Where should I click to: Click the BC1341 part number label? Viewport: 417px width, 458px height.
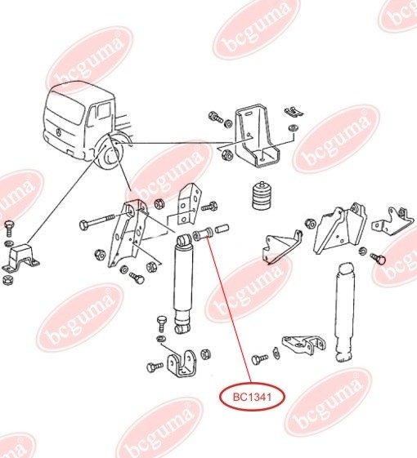click(253, 398)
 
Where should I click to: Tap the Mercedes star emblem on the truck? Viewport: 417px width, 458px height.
click(59, 132)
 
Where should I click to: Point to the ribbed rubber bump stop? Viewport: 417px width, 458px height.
click(262, 196)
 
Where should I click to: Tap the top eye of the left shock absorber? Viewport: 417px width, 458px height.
click(184, 241)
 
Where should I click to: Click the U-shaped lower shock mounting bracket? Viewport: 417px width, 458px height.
click(181, 364)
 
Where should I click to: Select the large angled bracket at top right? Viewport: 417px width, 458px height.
click(256, 136)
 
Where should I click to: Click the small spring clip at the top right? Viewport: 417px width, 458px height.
click(294, 112)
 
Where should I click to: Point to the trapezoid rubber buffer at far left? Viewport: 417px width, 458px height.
click(21, 259)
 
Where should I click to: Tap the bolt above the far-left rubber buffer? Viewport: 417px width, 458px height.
click(9, 228)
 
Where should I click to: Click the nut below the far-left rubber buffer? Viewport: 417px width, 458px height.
click(8, 280)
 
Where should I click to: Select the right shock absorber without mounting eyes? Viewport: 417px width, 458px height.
click(346, 312)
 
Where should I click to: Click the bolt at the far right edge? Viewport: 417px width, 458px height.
click(379, 258)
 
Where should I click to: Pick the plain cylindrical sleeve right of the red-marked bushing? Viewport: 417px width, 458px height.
click(222, 229)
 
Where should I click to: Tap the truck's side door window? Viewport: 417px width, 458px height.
click(103, 112)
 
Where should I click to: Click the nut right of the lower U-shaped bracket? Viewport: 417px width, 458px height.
click(206, 354)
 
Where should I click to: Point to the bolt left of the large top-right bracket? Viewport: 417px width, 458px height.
click(216, 118)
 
